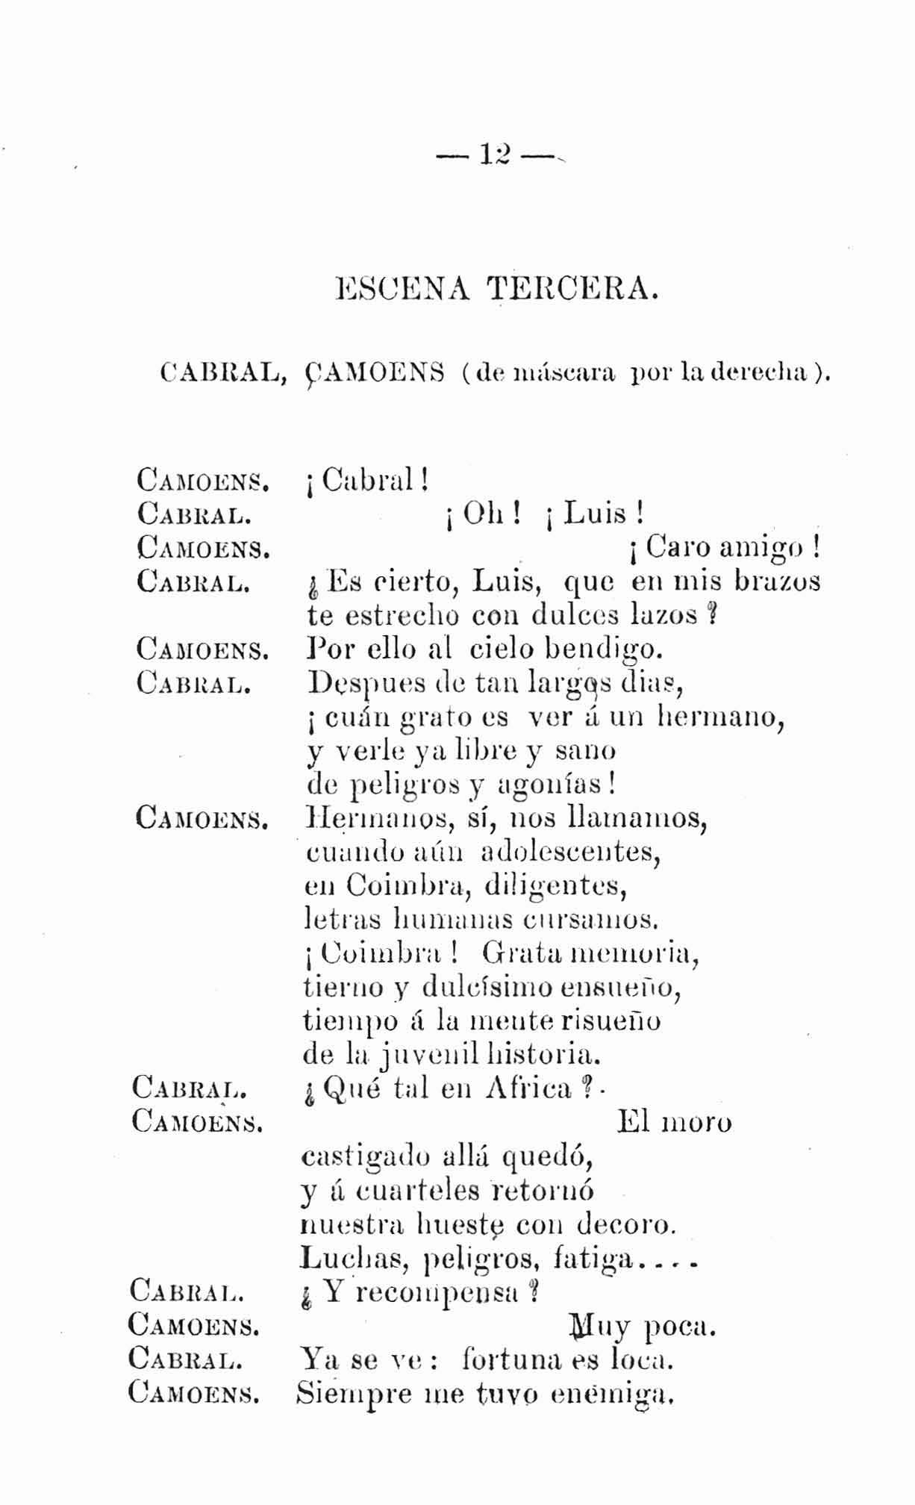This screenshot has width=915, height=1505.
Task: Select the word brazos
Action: point(778,582)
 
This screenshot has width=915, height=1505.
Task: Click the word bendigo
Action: point(604,649)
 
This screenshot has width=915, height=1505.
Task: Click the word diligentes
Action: point(554,886)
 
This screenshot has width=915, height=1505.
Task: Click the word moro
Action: point(696,1123)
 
